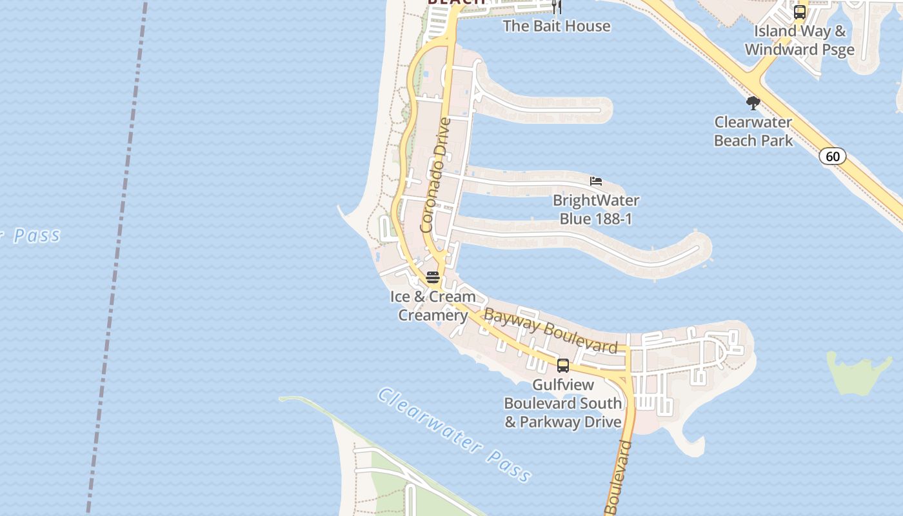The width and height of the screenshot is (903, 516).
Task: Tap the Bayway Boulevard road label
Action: (550, 331)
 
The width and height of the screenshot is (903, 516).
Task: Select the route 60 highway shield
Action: (833, 156)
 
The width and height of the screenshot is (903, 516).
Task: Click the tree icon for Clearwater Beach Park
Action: (753, 103)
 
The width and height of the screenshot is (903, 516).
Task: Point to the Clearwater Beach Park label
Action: (753, 131)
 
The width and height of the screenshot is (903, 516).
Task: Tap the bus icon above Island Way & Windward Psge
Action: (800, 12)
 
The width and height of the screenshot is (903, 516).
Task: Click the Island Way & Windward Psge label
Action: (800, 40)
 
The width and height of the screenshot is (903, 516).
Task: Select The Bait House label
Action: (556, 26)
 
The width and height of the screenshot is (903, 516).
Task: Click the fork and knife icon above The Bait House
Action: (557, 7)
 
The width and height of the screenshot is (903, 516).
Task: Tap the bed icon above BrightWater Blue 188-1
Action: (596, 181)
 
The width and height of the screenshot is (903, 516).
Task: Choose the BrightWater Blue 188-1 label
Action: (596, 210)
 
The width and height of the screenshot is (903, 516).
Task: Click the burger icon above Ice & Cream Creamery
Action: (433, 277)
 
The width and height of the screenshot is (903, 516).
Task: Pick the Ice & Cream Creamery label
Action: (433, 306)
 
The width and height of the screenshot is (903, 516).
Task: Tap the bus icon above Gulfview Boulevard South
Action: (563, 366)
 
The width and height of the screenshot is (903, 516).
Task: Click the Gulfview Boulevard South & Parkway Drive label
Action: (563, 403)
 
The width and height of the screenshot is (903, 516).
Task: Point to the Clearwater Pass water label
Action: (455, 434)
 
